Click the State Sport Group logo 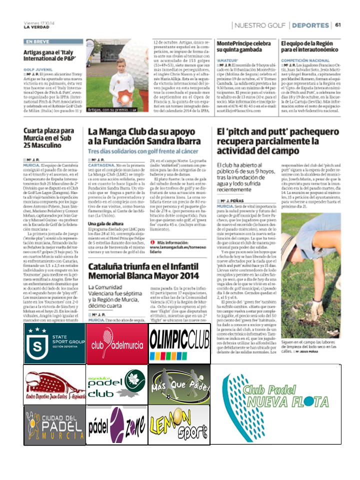[54, 337]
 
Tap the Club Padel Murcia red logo [117, 337]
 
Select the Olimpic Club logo [179, 337]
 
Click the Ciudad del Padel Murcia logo [54, 425]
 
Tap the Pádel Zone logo [117, 425]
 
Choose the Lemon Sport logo [179, 425]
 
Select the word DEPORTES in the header [310, 25]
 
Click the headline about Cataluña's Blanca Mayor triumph [143, 270]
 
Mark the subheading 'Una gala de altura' [106, 223]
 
